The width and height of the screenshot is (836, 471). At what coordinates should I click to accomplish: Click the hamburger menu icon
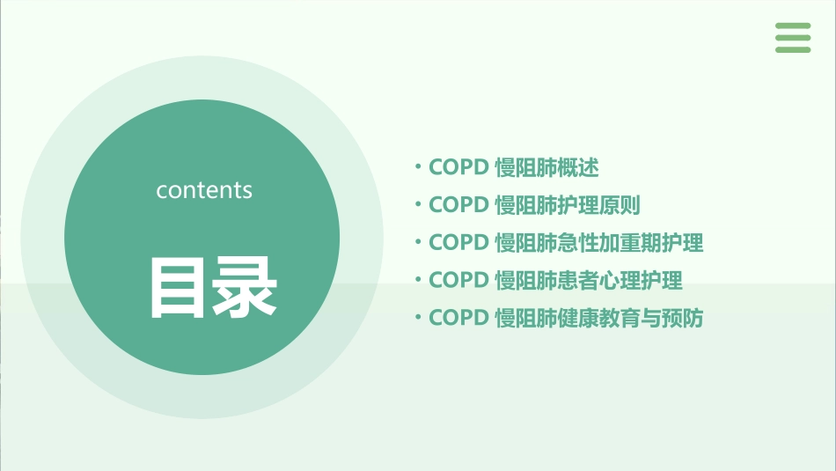[x=793, y=38]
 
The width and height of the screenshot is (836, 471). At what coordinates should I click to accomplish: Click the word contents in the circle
[x=204, y=190]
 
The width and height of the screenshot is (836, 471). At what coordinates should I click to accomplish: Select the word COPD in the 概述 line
[x=458, y=167]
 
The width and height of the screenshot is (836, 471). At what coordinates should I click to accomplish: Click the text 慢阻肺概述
[x=546, y=167]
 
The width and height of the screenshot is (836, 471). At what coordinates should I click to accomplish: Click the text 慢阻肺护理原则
[x=568, y=205]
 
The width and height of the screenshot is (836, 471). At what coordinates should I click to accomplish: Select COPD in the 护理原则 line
[x=458, y=205]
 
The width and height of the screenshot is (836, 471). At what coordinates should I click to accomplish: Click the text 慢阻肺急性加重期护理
[x=599, y=242]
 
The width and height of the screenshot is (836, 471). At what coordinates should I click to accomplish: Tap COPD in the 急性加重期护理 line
[x=458, y=242]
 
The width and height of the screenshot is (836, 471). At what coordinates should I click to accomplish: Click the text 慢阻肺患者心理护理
[x=589, y=280]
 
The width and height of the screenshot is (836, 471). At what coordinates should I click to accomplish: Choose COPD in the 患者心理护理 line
[x=458, y=280]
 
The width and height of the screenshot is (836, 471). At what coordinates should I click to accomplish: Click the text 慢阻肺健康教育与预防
[x=599, y=318]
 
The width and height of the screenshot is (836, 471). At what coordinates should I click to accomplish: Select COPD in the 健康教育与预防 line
[x=458, y=318]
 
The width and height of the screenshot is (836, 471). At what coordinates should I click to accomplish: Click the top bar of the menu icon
[x=793, y=26]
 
